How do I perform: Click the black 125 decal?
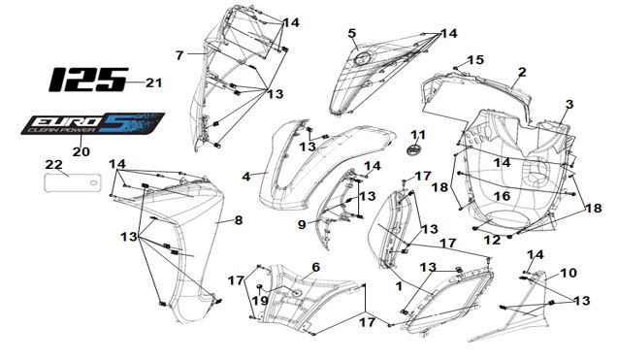[x=88, y=80]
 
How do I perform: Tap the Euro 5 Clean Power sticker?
[x=92, y=123]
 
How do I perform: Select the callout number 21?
[x=153, y=83]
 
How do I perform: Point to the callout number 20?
[x=81, y=151]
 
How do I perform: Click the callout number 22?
[x=54, y=164]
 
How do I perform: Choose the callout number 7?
[x=179, y=55]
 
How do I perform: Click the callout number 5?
[x=352, y=33]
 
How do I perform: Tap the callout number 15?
[x=475, y=60]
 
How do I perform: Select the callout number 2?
[x=522, y=72]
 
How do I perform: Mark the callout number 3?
[x=569, y=105]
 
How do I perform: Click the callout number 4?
[x=246, y=177]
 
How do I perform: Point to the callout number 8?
[x=239, y=220]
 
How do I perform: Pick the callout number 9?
[x=302, y=225]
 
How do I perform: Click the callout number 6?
[x=315, y=268]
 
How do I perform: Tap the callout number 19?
[x=260, y=301]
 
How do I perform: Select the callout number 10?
[x=569, y=273]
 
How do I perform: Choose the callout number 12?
[x=492, y=240]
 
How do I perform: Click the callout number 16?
[x=503, y=196]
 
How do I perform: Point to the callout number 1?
[x=399, y=286]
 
